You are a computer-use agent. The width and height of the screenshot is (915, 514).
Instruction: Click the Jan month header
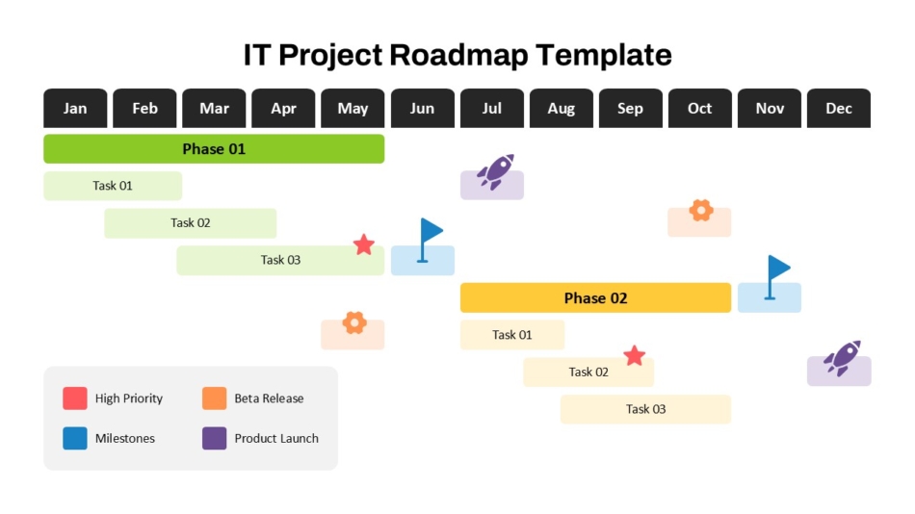pyautogui.click(x=75, y=108)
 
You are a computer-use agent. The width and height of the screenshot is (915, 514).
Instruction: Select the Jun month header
pyautogui.click(x=422, y=108)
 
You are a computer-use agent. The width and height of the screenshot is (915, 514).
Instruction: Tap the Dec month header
pyautogui.click(x=839, y=108)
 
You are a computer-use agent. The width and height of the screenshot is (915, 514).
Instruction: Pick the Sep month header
pyautogui.click(x=630, y=108)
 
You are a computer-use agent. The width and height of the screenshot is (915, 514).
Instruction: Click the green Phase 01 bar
pyautogui.click(x=214, y=149)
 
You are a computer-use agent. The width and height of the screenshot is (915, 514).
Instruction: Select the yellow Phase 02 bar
pyautogui.click(x=595, y=297)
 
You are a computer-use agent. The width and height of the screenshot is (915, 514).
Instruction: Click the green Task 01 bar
pyautogui.click(x=113, y=186)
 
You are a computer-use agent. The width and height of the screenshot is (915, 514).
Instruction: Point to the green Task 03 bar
pyautogui.click(x=280, y=260)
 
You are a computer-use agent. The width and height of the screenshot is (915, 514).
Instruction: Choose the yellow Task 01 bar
pyautogui.click(x=511, y=335)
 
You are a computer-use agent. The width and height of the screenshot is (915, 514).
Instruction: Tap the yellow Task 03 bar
pyautogui.click(x=645, y=409)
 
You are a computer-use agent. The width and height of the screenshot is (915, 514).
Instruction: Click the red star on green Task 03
pyautogui.click(x=363, y=244)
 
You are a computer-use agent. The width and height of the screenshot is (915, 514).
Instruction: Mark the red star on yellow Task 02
pyautogui.click(x=634, y=356)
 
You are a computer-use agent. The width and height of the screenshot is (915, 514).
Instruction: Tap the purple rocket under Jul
pyautogui.click(x=495, y=172)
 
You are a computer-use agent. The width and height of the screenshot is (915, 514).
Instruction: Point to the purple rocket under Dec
pyautogui.click(x=842, y=358)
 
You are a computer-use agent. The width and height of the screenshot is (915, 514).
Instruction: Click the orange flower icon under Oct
pyautogui.click(x=701, y=211)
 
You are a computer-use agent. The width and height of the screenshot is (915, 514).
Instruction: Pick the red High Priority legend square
pyautogui.click(x=75, y=398)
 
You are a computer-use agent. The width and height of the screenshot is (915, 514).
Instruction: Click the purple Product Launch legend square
pyautogui.click(x=214, y=438)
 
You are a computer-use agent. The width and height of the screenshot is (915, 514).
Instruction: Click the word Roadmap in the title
pyautogui.click(x=459, y=55)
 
